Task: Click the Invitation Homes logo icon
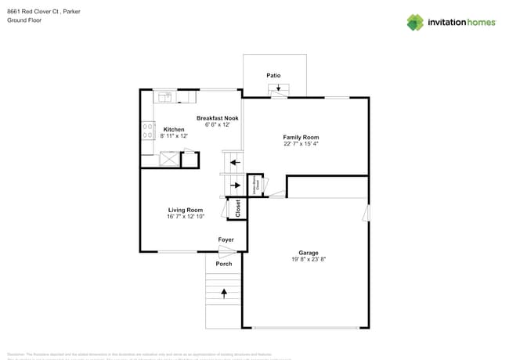(415, 23)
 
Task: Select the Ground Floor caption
(24, 20)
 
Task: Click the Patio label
(273, 76)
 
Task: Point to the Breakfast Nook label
(218, 117)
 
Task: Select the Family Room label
(301, 137)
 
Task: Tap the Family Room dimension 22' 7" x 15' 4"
(301, 144)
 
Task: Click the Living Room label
(186, 209)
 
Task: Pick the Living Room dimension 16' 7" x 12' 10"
(186, 216)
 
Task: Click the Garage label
(308, 252)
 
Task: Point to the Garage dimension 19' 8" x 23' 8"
(308, 259)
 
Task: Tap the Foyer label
(226, 239)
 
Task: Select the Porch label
(224, 264)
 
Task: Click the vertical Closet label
(238, 208)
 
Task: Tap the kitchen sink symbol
(166, 98)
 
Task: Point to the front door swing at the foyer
(227, 250)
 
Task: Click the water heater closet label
(254, 185)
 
